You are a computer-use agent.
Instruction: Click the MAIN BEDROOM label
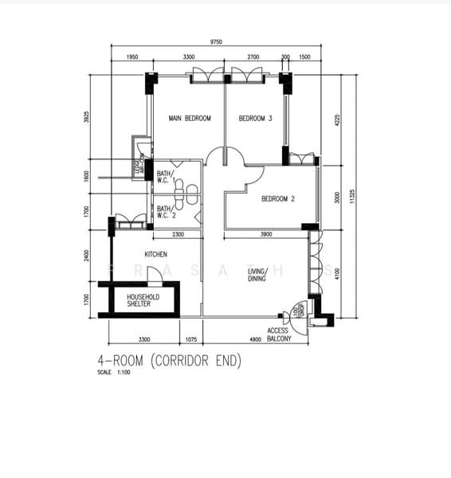click(190, 119)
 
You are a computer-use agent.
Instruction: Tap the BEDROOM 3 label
click(256, 119)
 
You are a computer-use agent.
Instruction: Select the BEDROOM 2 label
click(279, 199)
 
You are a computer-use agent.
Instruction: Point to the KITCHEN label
click(155, 254)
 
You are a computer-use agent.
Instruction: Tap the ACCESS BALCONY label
click(278, 335)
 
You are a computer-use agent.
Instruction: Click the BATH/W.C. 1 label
click(165, 178)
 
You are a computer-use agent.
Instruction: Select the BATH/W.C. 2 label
click(165, 211)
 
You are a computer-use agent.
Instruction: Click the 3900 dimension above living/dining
click(266, 234)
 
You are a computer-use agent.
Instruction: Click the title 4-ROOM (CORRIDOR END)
click(168, 361)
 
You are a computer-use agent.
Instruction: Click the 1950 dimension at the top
click(132, 58)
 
